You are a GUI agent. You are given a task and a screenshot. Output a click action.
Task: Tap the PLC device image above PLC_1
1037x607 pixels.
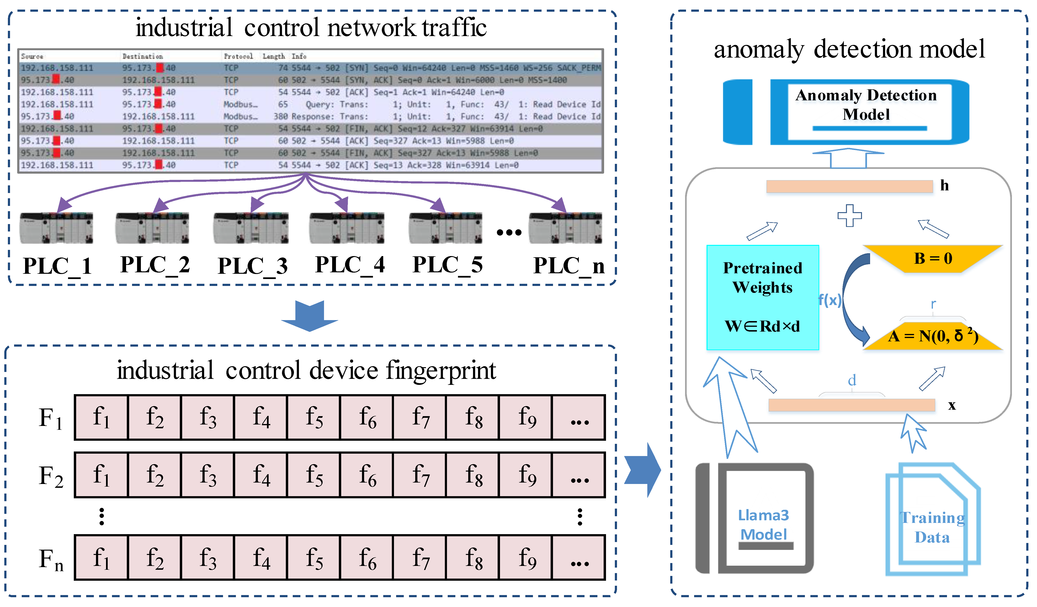[x=56, y=228]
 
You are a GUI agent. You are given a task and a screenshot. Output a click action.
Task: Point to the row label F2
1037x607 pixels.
[x=51, y=476]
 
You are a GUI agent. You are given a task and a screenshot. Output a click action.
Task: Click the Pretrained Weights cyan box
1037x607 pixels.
[x=762, y=297]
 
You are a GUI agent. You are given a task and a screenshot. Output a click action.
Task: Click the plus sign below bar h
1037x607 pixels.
[x=849, y=215]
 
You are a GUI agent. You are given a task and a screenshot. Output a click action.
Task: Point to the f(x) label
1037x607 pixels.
[x=830, y=300]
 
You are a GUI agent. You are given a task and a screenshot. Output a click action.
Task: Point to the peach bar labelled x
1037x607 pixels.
[x=851, y=405]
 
